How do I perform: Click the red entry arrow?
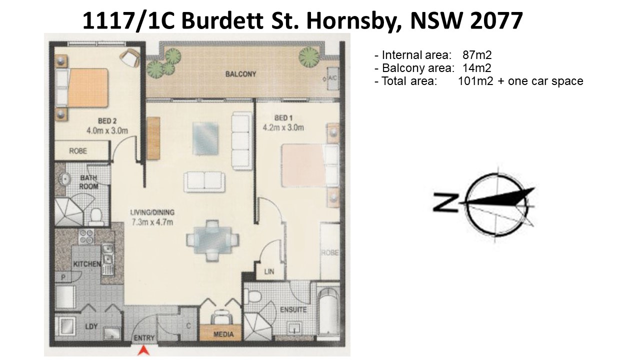coord(143,350)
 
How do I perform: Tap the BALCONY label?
coord(240,74)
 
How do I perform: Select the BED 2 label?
coord(107,121)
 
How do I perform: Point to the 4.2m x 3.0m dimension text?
coord(283,127)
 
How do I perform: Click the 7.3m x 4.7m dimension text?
coord(152,222)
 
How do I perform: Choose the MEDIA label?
coord(223,334)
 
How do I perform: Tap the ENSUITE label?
coord(293,309)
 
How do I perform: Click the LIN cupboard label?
coord(269,271)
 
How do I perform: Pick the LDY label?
coord(91,326)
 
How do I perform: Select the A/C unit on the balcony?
coord(332,78)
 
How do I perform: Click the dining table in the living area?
coord(212,240)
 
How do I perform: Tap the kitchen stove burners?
coord(86,236)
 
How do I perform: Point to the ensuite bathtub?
coord(327,311)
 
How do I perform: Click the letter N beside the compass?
coord(445,202)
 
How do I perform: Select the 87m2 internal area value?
coord(477,55)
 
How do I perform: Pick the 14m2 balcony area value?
coord(477,68)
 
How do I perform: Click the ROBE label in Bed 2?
coord(78,151)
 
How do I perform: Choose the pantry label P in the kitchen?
coord(63,277)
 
